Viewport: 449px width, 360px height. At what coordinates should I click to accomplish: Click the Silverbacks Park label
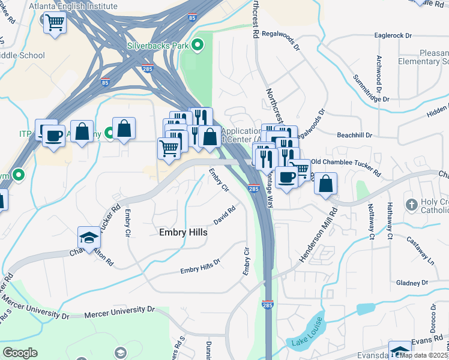pyautogui.click(x=158, y=45)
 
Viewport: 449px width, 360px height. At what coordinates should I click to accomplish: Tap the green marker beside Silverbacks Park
pyautogui.click(x=196, y=45)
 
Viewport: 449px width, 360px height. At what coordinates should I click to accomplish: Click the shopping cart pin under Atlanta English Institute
pyautogui.click(x=55, y=23)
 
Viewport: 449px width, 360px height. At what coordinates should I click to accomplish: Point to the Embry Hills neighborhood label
pyautogui.click(x=183, y=232)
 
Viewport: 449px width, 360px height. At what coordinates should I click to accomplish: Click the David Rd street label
pyautogui.click(x=224, y=215)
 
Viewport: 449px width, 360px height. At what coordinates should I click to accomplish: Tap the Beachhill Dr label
pyautogui.click(x=355, y=136)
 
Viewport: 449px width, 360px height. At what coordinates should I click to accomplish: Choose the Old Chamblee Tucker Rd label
pyautogui.click(x=345, y=162)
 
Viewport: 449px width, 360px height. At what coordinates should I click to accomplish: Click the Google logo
pyautogui.click(x=20, y=352)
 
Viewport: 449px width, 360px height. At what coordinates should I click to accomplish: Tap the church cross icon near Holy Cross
pyautogui.click(x=411, y=204)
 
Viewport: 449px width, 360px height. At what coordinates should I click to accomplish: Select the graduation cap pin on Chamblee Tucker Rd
pyautogui.click(x=89, y=238)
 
